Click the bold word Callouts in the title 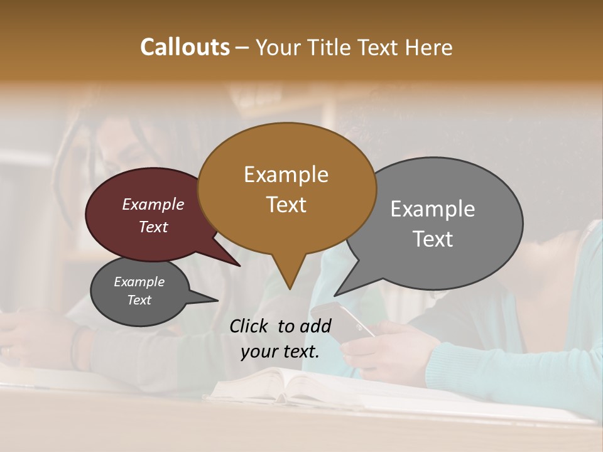pos(185,47)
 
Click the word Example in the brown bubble pos(286,175)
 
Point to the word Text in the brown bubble pos(286,205)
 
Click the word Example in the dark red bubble pos(153,204)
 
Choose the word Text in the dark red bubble pos(153,227)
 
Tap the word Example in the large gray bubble pos(433,209)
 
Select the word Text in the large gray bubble pos(433,239)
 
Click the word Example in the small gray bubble pos(139,282)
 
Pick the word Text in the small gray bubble pos(139,300)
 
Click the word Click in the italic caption pos(249,326)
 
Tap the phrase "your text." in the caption pos(280,352)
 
